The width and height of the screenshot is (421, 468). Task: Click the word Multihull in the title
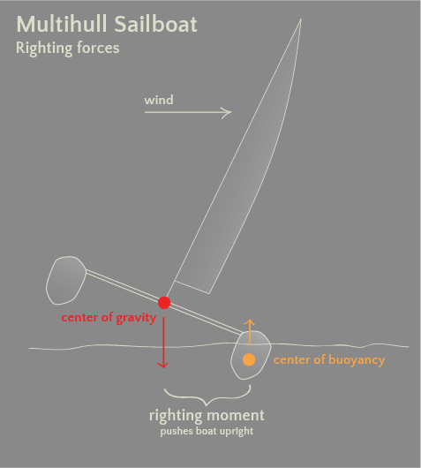tap(61, 24)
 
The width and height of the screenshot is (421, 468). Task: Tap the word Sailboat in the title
tap(155, 24)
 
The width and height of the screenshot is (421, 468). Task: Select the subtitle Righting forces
tap(67, 48)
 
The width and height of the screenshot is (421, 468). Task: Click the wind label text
tap(159, 100)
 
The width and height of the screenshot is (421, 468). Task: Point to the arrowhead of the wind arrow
tap(230, 112)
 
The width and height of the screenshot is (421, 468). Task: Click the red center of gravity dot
tap(164, 303)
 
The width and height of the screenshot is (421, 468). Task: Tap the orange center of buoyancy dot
tap(249, 359)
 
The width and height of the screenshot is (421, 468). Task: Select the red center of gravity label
tap(109, 318)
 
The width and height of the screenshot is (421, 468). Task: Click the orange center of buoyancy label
tap(329, 360)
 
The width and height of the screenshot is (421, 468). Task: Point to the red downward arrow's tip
tap(163, 367)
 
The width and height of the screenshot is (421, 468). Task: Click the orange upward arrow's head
tap(249, 321)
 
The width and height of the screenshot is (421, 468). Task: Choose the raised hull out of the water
tap(66, 280)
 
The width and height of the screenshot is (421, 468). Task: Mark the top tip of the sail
tap(301, 19)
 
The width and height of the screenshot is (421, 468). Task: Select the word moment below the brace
tap(236, 416)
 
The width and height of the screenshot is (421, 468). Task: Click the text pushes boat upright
tap(207, 432)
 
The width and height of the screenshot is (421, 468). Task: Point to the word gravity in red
tap(136, 318)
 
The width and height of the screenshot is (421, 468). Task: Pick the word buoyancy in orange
tap(357, 360)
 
